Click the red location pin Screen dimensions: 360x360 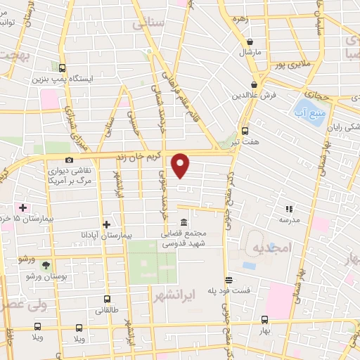181,165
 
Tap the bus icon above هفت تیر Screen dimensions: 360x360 245,130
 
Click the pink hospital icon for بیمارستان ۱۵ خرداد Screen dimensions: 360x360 23,208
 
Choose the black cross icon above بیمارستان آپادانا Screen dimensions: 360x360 106,224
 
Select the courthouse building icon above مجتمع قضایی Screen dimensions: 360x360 184,222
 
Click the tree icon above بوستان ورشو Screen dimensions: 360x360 46,265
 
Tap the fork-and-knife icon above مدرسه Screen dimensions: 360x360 288,208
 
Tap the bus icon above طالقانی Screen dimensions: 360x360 98,299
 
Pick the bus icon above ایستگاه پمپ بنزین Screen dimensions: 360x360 63,68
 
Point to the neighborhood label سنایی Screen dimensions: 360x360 148,25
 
